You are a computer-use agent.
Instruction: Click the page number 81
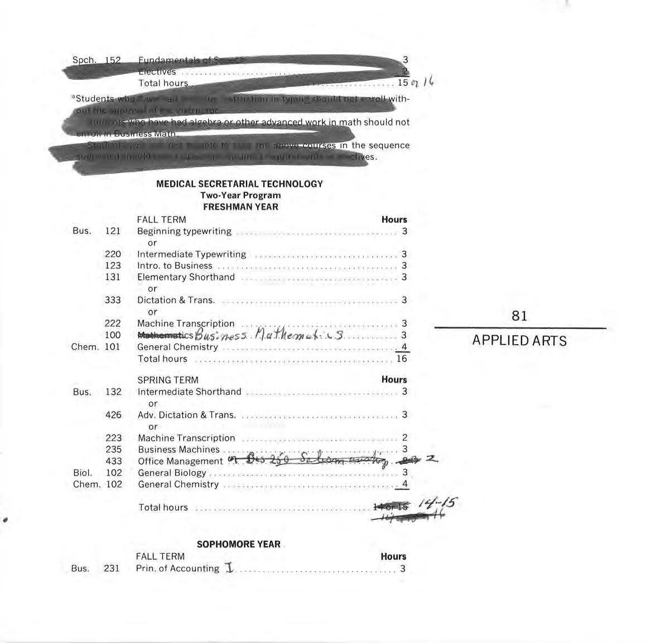click(x=519, y=316)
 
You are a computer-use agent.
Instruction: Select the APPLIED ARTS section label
click(x=519, y=341)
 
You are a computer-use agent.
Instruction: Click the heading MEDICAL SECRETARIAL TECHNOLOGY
click(x=239, y=183)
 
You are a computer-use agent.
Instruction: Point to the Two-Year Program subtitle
click(x=240, y=195)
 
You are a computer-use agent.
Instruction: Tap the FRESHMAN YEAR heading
click(x=240, y=207)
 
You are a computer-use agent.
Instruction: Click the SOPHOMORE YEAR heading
click(x=238, y=544)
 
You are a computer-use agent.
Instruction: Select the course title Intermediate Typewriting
click(x=191, y=254)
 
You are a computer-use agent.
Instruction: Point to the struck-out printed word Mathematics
click(x=165, y=336)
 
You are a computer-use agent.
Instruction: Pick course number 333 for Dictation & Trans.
click(x=113, y=300)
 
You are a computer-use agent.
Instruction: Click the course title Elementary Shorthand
click(x=186, y=277)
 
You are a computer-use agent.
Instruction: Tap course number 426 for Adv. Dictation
click(x=113, y=415)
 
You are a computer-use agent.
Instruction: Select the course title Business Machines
click(x=179, y=449)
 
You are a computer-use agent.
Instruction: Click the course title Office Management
click(x=180, y=461)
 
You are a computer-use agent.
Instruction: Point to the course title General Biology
click(x=172, y=473)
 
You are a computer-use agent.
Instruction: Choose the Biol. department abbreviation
click(x=83, y=473)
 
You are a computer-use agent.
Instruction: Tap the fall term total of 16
click(x=402, y=359)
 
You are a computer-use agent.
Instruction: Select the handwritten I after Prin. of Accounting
click(x=229, y=568)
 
